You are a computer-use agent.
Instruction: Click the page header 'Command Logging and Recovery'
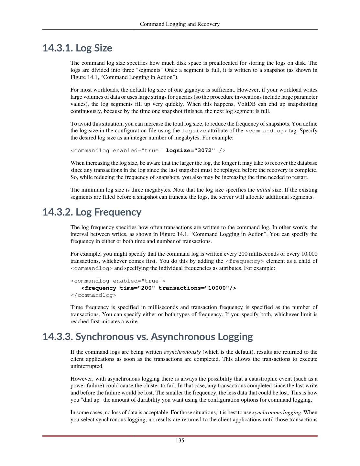tap(180, 24)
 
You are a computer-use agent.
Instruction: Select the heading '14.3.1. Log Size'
tap(77, 48)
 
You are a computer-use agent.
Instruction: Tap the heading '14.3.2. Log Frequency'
tap(92, 212)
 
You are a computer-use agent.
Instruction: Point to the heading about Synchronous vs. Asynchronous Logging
tap(147, 337)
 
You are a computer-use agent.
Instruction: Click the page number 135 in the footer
tap(180, 440)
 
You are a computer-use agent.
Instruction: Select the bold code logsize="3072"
tap(190, 150)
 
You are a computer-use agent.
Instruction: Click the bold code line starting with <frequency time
tap(158, 288)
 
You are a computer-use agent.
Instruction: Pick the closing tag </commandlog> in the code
tap(93, 295)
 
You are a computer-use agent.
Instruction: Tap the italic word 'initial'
tap(263, 190)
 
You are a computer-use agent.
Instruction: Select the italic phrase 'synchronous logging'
tap(277, 413)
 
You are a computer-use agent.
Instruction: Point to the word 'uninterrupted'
tap(87, 366)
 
